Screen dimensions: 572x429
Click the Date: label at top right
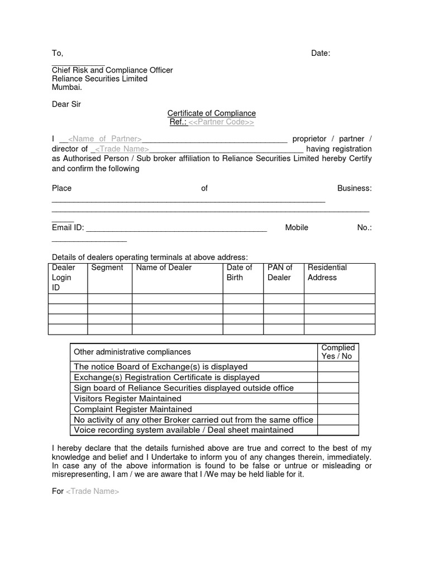(x=321, y=53)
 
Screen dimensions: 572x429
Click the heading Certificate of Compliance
(x=212, y=113)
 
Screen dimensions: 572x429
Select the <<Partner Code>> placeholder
(x=221, y=122)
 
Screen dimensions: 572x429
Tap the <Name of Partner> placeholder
(x=104, y=139)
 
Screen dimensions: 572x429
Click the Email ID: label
(x=68, y=227)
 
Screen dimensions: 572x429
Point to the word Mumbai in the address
(x=66, y=87)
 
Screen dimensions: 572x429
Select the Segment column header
(x=107, y=268)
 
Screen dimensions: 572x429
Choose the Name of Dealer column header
(x=164, y=268)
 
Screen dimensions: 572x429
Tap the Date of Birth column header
(x=239, y=273)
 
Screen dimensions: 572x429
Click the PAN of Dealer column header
(x=280, y=273)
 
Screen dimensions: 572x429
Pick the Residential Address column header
(x=327, y=273)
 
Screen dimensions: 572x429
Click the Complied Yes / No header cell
(x=337, y=352)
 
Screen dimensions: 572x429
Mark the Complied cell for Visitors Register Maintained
(x=337, y=399)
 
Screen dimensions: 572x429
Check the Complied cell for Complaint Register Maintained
(x=337, y=409)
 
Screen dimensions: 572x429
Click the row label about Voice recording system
(x=183, y=430)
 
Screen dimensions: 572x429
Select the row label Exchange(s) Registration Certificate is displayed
(x=166, y=378)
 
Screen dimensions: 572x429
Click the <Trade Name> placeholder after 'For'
(x=93, y=492)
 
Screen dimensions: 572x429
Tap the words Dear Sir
(x=66, y=104)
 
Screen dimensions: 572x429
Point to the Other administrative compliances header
(x=132, y=352)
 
